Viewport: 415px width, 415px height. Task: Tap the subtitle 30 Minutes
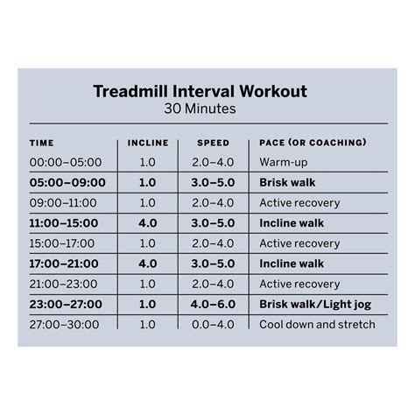(x=199, y=110)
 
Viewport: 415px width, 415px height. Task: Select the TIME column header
(x=41, y=143)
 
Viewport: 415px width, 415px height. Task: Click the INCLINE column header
(x=147, y=143)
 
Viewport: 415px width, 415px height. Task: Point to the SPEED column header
(x=213, y=143)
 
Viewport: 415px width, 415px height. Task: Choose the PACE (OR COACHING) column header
(x=313, y=143)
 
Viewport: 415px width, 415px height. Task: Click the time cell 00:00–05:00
(x=66, y=163)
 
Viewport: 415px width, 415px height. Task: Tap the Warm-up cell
(x=282, y=163)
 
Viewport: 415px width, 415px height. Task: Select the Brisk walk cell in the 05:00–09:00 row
(x=288, y=183)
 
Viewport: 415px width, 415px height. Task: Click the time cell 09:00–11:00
(x=66, y=203)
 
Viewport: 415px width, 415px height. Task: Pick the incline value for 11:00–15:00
(x=147, y=223)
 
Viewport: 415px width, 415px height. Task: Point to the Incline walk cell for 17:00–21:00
(x=292, y=264)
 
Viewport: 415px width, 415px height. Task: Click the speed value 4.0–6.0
(x=213, y=304)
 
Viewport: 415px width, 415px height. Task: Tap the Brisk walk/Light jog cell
(x=313, y=304)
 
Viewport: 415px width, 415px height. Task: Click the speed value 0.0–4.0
(x=213, y=324)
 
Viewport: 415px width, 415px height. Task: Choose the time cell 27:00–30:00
(x=66, y=324)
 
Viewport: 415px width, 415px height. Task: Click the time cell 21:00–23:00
(x=66, y=284)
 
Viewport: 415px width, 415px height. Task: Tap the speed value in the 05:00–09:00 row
(x=213, y=183)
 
